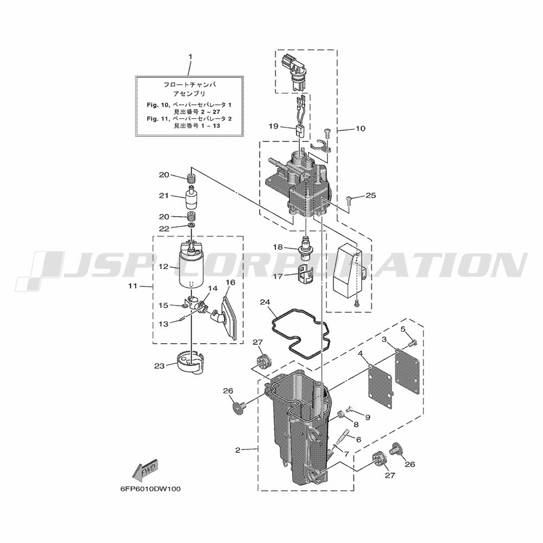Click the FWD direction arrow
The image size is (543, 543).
[146, 472]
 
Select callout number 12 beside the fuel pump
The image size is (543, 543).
[164, 267]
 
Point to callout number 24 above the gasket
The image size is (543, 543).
[266, 302]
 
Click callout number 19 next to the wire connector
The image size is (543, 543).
[274, 127]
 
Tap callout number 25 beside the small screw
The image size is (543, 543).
[370, 195]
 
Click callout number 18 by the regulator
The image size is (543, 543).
[278, 247]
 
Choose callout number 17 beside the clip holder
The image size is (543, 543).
[278, 276]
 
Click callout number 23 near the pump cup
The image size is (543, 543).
[159, 365]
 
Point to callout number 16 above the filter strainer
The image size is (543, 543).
[230, 282]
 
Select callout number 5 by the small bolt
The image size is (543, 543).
[403, 329]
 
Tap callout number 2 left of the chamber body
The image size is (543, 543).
[238, 451]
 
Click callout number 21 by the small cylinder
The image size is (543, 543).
[164, 195]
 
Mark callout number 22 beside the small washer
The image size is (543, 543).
[164, 229]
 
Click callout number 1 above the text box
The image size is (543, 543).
[190, 56]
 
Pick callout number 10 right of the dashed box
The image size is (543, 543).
[361, 129]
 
